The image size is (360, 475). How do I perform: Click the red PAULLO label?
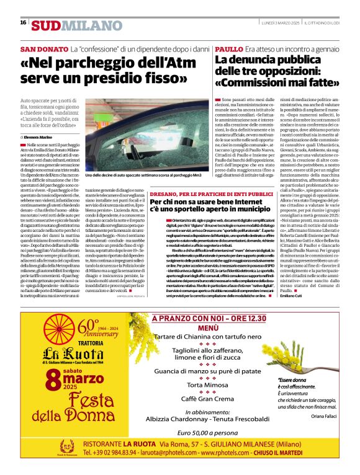pyautogui.click(x=228, y=48)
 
